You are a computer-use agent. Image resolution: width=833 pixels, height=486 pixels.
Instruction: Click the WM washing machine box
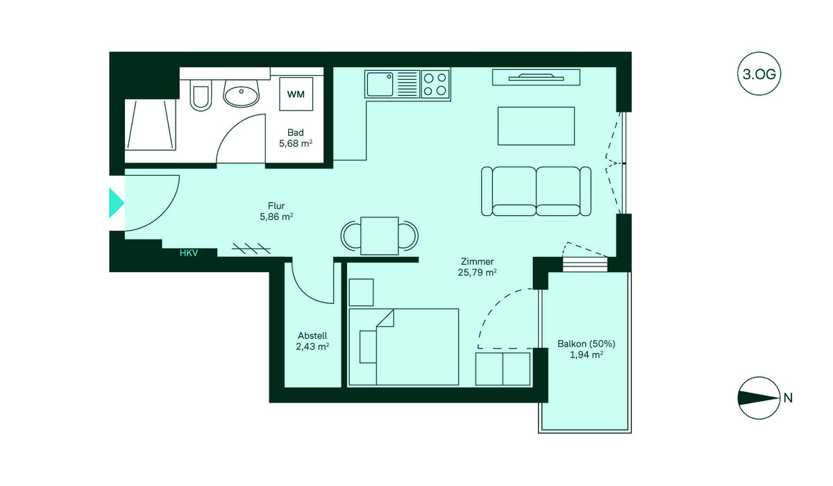coord(296,94)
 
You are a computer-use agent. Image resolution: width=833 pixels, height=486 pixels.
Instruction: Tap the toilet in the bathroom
coord(201,95)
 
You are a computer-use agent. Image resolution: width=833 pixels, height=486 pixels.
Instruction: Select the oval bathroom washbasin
coord(241,93)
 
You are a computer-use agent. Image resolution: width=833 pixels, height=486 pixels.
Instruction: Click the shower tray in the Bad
coord(150,124)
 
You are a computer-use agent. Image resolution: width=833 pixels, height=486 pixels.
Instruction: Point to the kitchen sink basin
coord(380,85)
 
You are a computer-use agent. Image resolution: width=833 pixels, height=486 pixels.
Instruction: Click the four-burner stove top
coord(435,84)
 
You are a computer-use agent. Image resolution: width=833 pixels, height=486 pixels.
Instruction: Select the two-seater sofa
coord(536,191)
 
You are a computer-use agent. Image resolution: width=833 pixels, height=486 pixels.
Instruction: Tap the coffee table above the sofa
coord(536,126)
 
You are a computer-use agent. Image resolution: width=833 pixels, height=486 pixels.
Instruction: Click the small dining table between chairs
coord(379,236)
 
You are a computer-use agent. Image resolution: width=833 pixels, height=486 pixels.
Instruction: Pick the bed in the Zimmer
coord(404,347)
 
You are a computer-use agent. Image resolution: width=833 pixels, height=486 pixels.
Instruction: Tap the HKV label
coord(189,253)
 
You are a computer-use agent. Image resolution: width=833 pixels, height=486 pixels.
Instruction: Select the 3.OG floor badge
coord(759,74)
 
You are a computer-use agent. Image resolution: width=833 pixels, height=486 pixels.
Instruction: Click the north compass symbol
coord(759,398)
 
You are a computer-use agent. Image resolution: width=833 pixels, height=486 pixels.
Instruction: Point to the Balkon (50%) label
coord(587,344)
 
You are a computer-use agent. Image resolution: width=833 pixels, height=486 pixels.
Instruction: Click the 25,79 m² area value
coord(478,273)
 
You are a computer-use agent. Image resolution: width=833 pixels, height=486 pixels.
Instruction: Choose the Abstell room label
coord(312,335)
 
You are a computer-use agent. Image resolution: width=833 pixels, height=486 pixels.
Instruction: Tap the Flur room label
coord(276,206)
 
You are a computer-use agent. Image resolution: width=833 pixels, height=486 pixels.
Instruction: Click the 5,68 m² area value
coord(296,144)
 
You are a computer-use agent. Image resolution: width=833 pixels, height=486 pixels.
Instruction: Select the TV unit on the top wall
coord(536,77)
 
